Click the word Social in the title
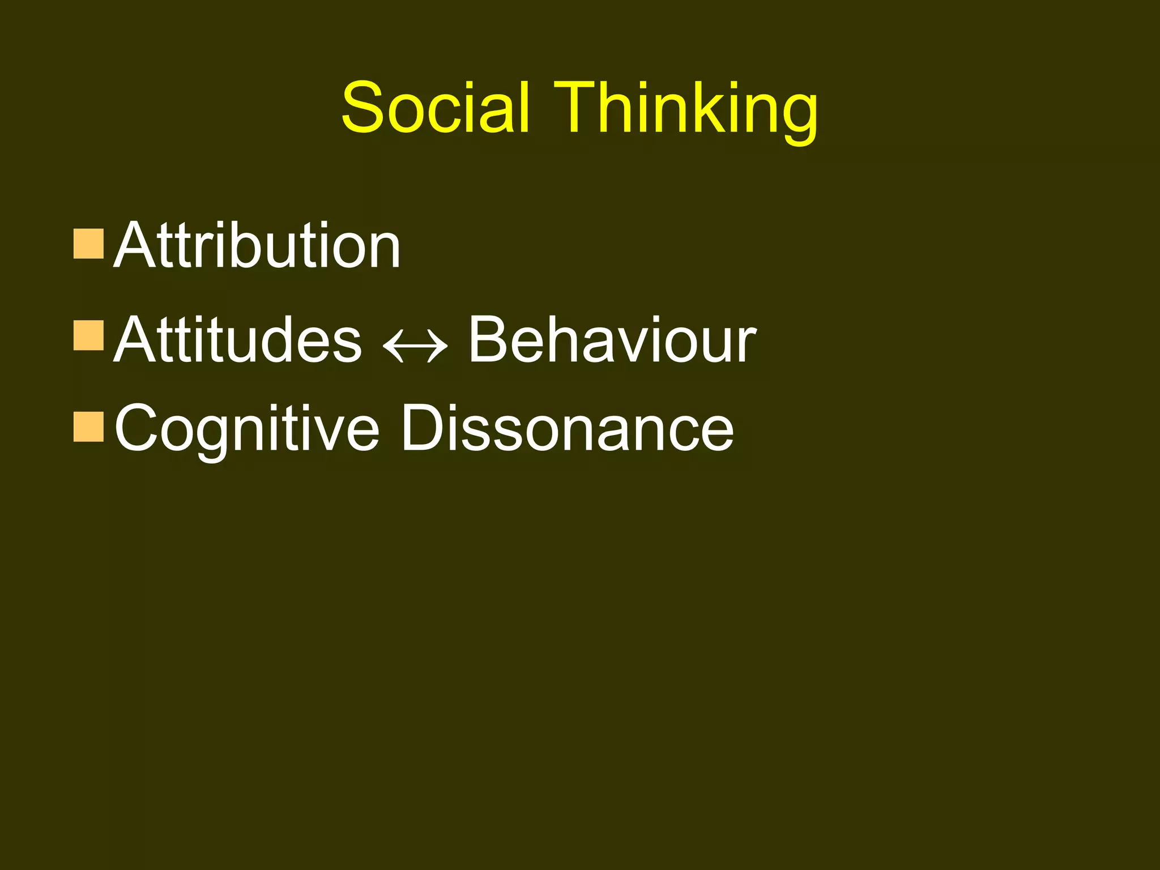[x=436, y=108]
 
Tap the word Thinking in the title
[x=685, y=110]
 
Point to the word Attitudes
[x=237, y=340]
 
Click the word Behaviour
[x=612, y=340]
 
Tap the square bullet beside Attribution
[x=88, y=244]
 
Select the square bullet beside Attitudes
[x=88, y=335]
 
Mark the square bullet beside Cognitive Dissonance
[x=88, y=427]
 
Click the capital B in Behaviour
[x=489, y=340]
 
